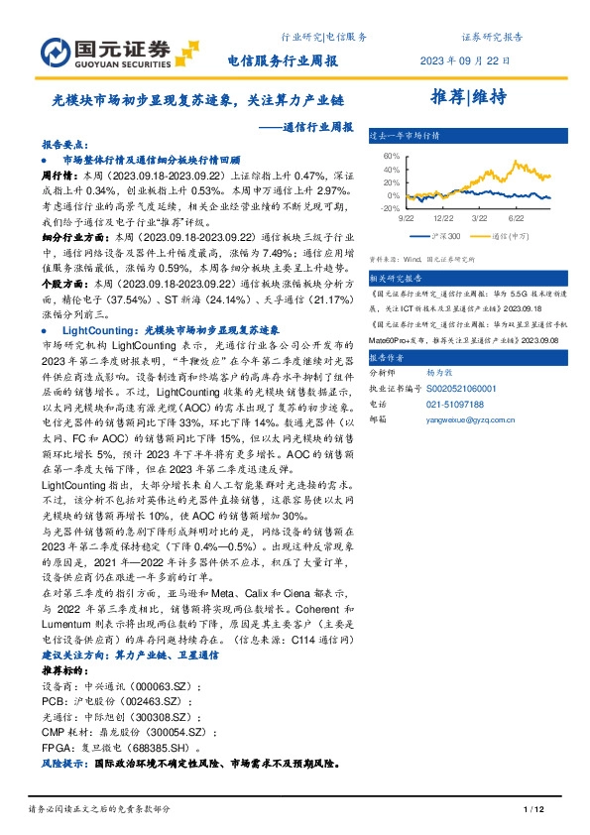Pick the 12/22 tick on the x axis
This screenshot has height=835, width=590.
[444, 217]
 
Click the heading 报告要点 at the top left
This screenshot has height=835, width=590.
[64, 143]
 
